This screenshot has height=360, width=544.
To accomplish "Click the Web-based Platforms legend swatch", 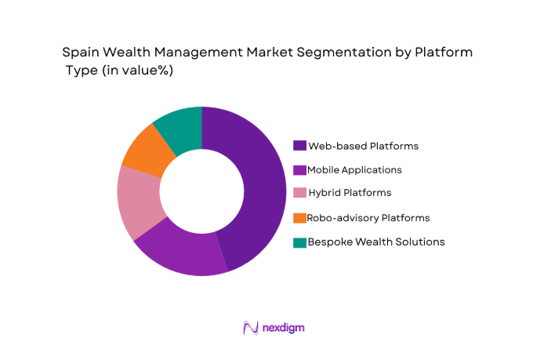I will (x=299, y=146).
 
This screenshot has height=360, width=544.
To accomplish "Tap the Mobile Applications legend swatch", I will (x=299, y=169).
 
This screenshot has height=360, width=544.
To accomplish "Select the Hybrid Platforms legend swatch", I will (x=299, y=193).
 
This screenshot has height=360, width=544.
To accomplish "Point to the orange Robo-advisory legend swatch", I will (x=299, y=217).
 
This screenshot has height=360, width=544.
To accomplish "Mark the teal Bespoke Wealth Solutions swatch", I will (x=299, y=242).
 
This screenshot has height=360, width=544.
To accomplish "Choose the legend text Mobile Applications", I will (x=354, y=169).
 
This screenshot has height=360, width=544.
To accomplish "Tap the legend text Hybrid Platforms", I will (x=349, y=193).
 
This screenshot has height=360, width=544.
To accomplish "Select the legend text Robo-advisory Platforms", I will (x=368, y=217).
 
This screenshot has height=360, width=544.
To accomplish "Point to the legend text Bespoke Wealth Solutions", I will (x=376, y=242).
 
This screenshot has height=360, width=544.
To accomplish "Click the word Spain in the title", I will (x=80, y=53).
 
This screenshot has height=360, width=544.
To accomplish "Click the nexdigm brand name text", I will (x=283, y=328).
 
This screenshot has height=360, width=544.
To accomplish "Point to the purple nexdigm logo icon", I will (x=250, y=328).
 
